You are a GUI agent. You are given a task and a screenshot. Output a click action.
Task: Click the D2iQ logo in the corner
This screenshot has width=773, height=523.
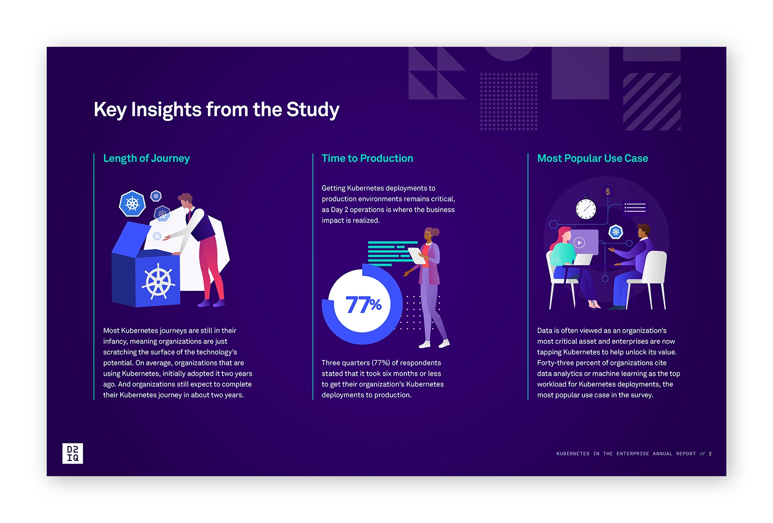(72, 453)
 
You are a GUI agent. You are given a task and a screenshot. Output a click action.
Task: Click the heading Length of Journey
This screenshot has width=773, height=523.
(146, 158)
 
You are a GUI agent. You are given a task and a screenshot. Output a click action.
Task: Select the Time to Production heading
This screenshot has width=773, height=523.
(367, 158)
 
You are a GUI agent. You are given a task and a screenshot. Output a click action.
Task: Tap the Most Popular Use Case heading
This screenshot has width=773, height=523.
(593, 158)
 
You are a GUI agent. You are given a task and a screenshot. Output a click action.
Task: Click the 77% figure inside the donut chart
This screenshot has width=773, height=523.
(364, 305)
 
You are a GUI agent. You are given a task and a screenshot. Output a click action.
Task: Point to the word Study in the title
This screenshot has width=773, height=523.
(313, 110)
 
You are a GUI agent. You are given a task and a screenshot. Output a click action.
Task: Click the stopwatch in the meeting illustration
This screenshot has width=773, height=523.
(586, 208)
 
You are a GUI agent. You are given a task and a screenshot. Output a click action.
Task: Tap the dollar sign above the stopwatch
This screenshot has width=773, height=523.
(608, 192)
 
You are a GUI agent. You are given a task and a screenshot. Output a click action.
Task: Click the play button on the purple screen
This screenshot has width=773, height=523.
(580, 243)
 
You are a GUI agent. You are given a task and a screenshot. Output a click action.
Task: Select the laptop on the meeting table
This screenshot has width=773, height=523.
(582, 259)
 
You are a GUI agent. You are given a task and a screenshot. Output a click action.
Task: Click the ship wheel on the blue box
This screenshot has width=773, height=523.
(158, 281)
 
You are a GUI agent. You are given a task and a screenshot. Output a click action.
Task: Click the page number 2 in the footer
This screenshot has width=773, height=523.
(710, 454)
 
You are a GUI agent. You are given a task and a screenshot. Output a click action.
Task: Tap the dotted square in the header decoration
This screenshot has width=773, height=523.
(508, 101)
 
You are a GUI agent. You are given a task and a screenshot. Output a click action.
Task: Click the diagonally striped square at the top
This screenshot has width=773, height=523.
(652, 101)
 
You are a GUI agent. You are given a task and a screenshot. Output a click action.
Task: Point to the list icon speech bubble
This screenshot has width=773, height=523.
(635, 208)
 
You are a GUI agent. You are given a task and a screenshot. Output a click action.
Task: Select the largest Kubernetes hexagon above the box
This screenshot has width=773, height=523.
(132, 204)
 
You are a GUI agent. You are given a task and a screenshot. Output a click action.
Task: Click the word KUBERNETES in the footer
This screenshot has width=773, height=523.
(573, 454)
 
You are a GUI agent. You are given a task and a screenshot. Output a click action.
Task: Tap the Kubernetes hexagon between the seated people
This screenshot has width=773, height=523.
(616, 232)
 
